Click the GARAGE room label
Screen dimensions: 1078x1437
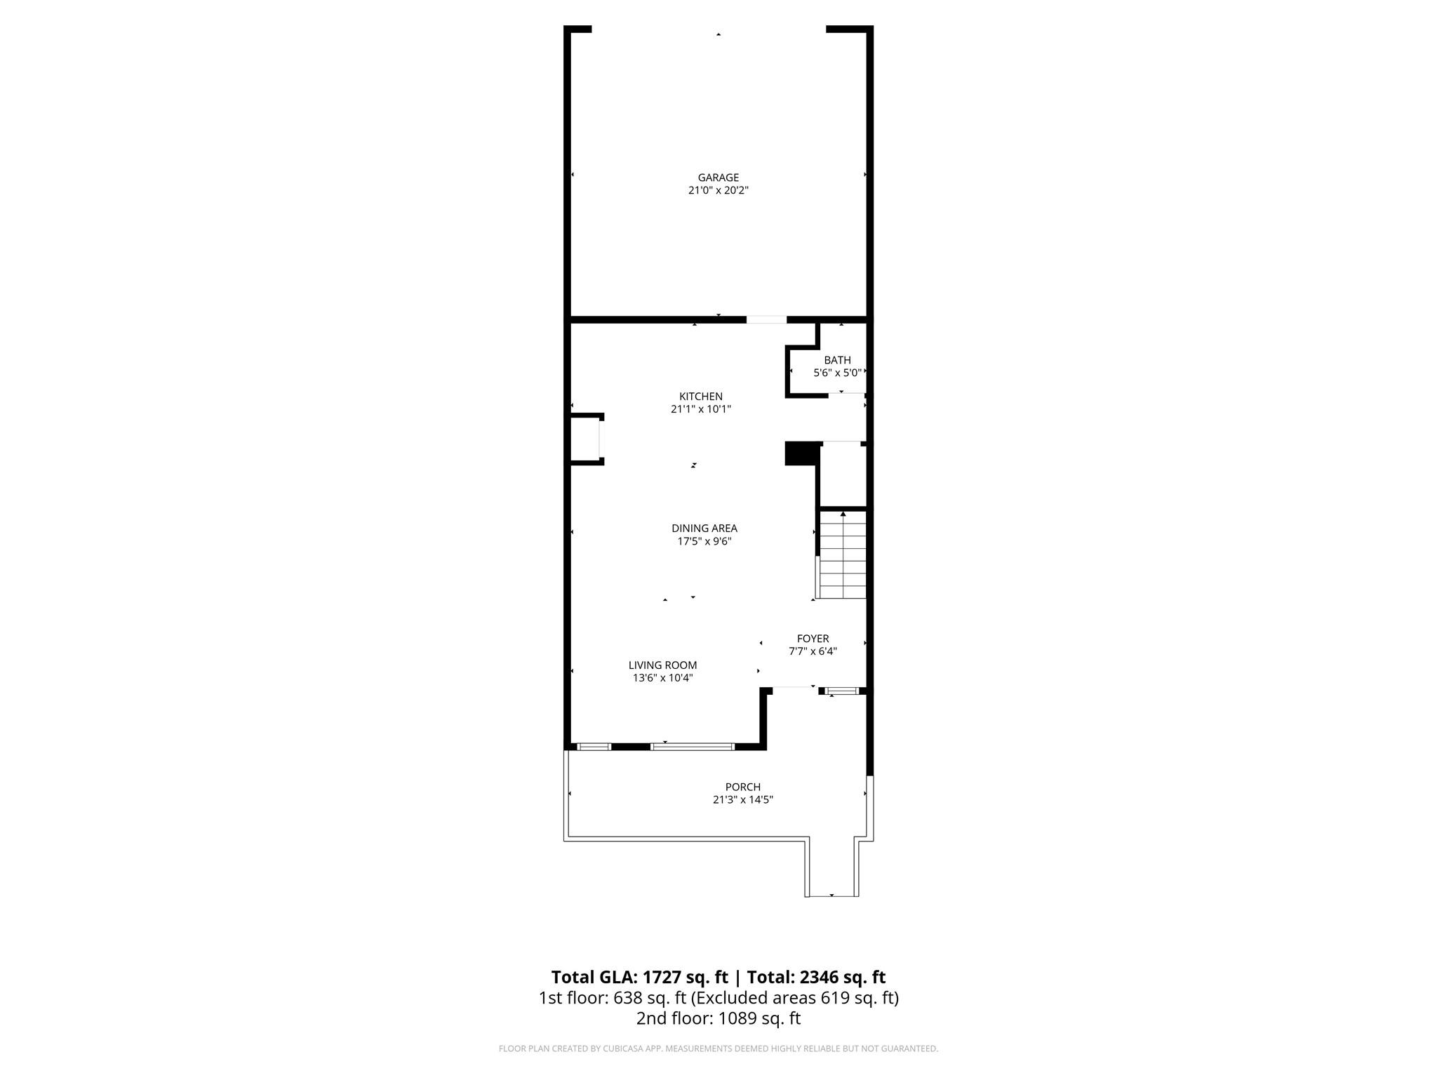(x=718, y=178)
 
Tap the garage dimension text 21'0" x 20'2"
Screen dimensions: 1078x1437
(x=718, y=190)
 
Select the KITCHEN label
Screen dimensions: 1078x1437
(x=700, y=397)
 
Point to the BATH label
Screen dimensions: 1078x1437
(x=837, y=360)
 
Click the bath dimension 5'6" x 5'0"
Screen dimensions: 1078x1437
(x=837, y=373)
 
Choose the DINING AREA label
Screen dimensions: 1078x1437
(x=704, y=528)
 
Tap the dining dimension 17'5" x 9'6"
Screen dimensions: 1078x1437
(x=704, y=541)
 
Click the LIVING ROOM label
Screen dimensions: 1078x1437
(x=662, y=665)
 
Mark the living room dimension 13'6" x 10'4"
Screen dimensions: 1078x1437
(x=662, y=678)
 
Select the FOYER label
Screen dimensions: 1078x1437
(x=813, y=639)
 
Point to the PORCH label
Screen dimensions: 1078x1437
(x=742, y=787)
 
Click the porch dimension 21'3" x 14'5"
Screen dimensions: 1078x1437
(x=742, y=799)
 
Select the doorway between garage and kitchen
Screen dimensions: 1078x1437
(x=766, y=320)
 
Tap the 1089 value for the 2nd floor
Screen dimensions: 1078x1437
(x=735, y=1018)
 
